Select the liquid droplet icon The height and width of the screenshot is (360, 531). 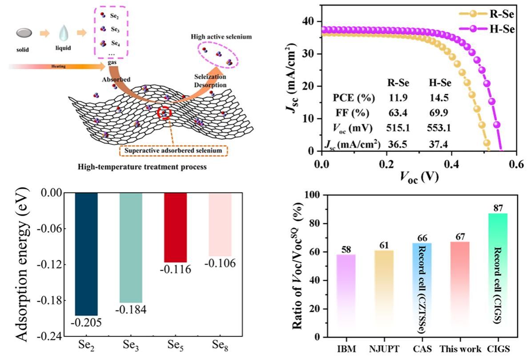[62, 33]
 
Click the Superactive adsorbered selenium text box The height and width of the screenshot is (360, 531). [173, 151]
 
